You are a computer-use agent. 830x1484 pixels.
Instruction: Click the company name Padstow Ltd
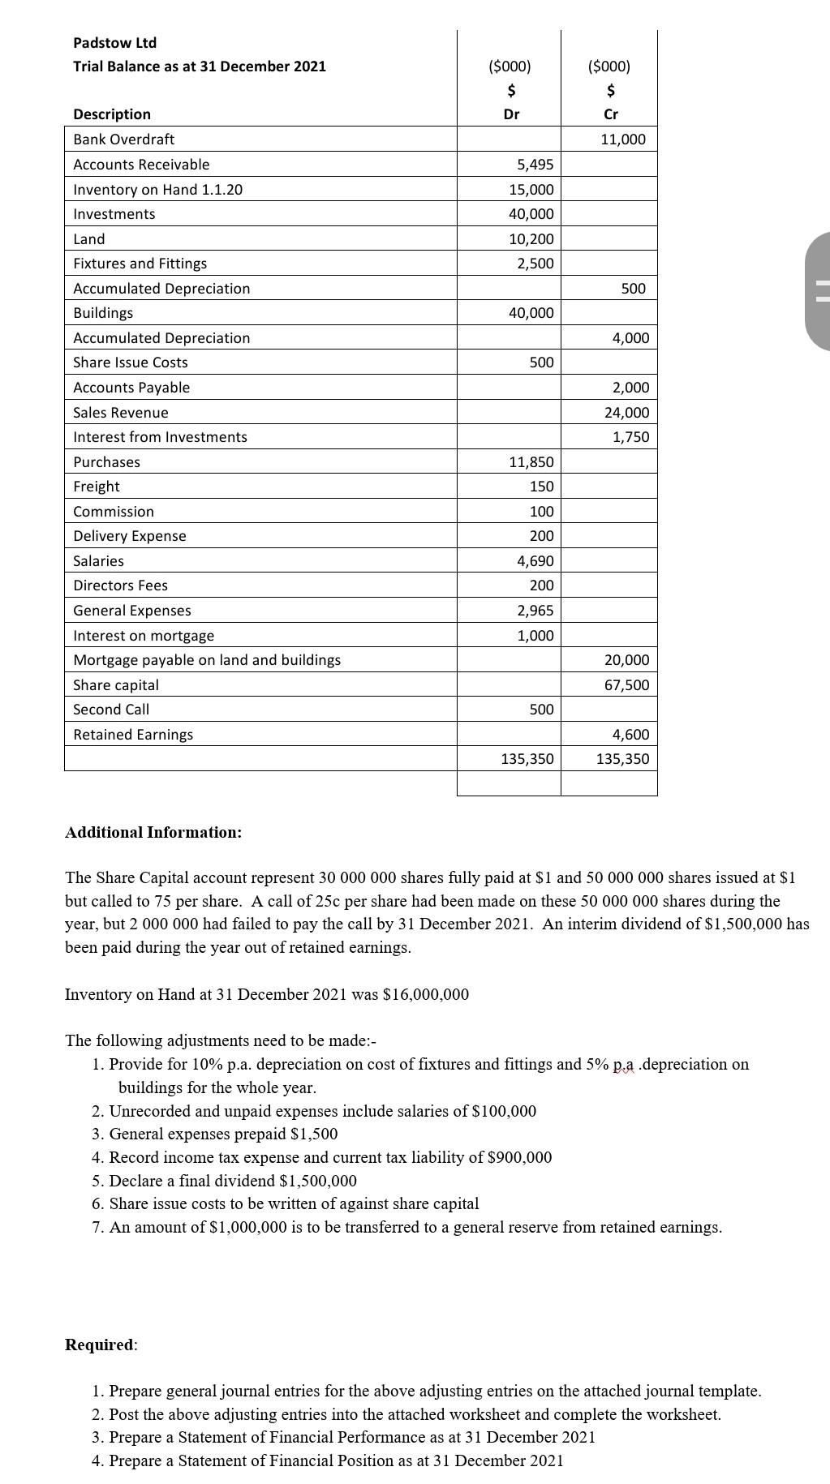click(x=114, y=43)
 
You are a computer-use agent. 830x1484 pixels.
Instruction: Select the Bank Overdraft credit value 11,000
click(x=623, y=139)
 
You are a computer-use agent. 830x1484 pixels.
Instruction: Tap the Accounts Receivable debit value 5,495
click(x=535, y=165)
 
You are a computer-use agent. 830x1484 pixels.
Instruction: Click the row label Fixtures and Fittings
click(x=140, y=264)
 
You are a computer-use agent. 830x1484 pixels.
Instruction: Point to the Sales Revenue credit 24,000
click(x=626, y=413)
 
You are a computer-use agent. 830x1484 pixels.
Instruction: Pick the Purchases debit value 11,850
click(x=531, y=462)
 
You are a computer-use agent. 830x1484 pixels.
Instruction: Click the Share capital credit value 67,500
click(x=626, y=685)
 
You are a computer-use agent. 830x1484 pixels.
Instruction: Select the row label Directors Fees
click(x=120, y=585)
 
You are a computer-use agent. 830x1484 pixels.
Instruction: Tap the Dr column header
click(x=511, y=114)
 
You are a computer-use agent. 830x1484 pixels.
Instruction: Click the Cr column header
click(x=611, y=114)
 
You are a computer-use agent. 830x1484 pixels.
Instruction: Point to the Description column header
click(x=112, y=114)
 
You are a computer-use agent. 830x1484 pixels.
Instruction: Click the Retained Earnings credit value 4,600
click(x=630, y=735)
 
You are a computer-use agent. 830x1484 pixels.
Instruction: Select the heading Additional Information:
click(x=153, y=833)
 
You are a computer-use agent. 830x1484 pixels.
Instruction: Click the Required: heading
click(x=101, y=1345)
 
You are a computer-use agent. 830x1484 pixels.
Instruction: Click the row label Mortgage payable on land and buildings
click(x=207, y=660)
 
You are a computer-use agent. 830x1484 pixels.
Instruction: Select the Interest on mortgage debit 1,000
click(x=535, y=636)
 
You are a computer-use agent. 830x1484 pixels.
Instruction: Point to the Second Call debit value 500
click(x=541, y=710)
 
